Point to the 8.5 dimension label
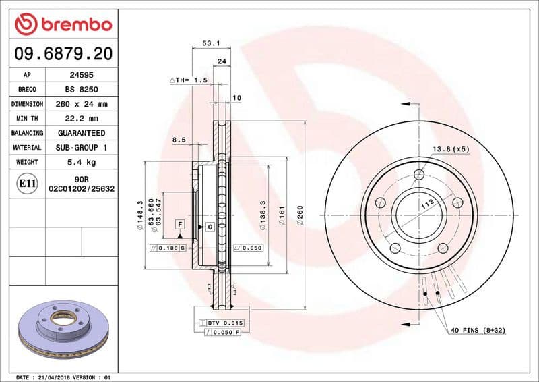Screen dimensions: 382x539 tap(179, 140)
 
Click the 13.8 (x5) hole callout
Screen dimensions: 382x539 tap(451, 148)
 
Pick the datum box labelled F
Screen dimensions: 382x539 tap(180, 223)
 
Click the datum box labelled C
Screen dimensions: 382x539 tap(210, 227)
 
